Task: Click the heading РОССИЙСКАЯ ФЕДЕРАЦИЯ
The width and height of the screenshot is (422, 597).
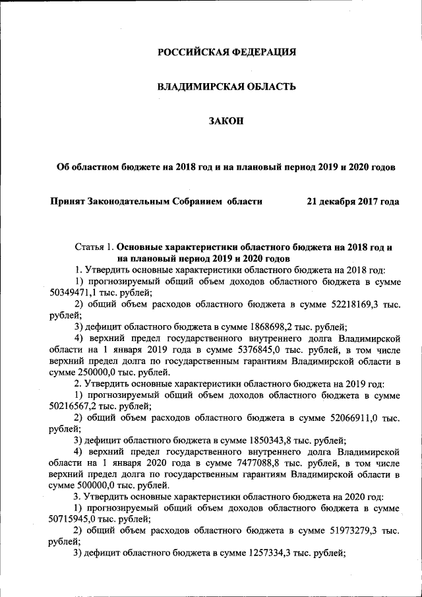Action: tap(227, 52)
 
